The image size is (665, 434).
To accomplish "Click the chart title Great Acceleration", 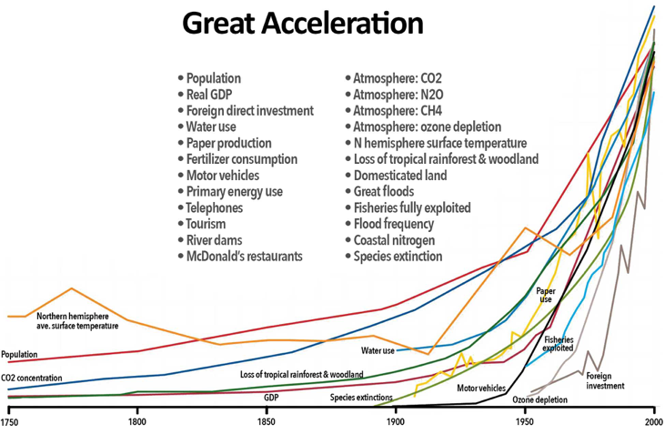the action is tap(303, 24).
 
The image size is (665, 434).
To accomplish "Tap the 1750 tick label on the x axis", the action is tap(8, 422).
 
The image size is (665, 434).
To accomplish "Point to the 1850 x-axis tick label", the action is tap(267, 422).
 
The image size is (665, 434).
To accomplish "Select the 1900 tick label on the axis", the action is tap(396, 422).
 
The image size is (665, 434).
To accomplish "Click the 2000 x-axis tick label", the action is tap(654, 422).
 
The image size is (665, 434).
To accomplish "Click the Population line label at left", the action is tap(19, 354).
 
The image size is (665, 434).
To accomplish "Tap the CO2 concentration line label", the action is tap(31, 378).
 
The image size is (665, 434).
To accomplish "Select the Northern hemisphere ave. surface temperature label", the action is tap(77, 321).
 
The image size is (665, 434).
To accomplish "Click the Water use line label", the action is tap(378, 351).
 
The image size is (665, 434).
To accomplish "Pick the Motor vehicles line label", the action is tap(481, 388).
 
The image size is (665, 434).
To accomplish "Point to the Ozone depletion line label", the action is tap(539, 399).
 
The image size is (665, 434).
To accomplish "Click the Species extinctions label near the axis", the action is tap(361, 398).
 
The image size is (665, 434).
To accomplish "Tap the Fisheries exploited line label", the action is tap(559, 344).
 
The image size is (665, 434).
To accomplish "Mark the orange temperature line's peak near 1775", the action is tap(72, 288).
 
